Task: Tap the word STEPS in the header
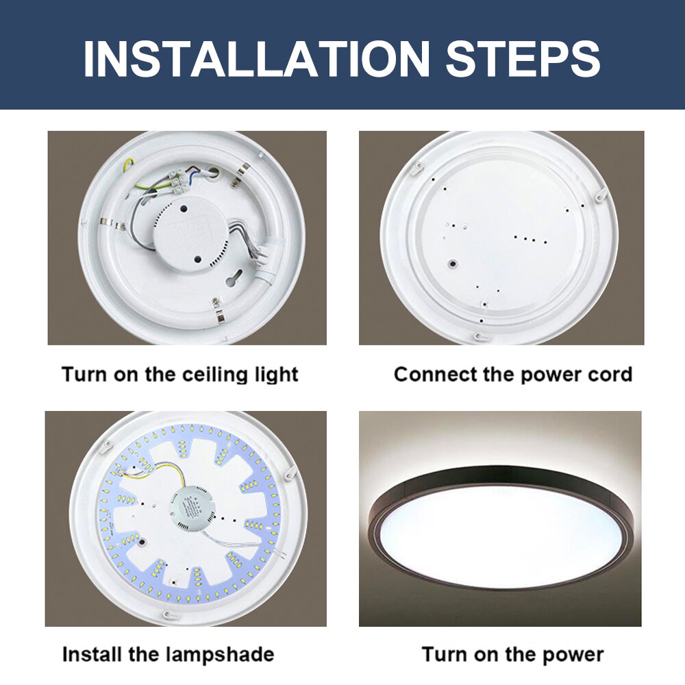click(523, 58)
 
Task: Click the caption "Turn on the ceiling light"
click(179, 375)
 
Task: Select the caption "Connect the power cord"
click(512, 375)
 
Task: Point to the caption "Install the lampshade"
click(168, 654)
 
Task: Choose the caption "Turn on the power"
click(512, 654)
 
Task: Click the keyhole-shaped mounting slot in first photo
click(233, 280)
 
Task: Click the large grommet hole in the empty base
click(453, 262)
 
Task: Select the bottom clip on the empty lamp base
click(480, 336)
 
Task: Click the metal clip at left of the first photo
click(105, 222)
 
